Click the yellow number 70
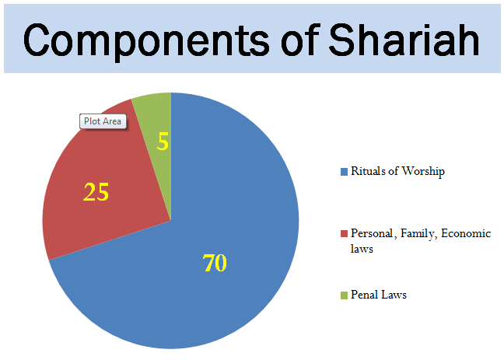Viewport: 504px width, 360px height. (215, 264)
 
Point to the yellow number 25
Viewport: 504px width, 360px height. (96, 192)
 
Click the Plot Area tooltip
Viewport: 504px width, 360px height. (103, 122)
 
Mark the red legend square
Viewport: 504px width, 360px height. (345, 234)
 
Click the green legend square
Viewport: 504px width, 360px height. (345, 295)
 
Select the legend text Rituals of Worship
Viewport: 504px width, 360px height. (397, 172)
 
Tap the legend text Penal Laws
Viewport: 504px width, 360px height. (379, 295)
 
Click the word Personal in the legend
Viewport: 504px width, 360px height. (372, 234)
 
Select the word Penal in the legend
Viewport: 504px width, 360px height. (364, 295)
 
